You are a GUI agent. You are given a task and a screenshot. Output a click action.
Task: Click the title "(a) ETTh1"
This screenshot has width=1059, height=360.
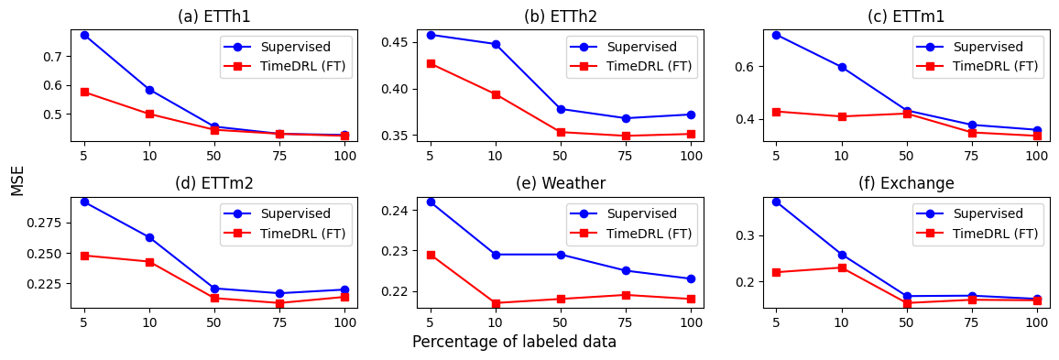[x=213, y=16]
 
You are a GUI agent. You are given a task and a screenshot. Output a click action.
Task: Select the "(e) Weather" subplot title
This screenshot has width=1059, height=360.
[x=560, y=183]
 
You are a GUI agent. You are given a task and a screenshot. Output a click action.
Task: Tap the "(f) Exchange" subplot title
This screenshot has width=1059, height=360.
[x=906, y=183]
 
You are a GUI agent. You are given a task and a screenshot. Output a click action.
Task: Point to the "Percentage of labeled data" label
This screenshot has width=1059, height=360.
[x=514, y=342]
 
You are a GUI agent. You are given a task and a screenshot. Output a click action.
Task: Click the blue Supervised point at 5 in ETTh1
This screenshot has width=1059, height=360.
[x=84, y=35]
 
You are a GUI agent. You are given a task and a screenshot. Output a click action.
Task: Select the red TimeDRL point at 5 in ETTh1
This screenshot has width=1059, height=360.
[x=84, y=92]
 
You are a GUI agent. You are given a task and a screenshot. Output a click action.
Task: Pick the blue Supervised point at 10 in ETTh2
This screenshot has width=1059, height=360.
[x=496, y=44]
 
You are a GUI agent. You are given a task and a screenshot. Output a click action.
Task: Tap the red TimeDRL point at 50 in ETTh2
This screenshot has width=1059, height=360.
[x=561, y=132]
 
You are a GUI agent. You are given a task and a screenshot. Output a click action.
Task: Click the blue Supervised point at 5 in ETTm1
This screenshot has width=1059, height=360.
[x=777, y=35]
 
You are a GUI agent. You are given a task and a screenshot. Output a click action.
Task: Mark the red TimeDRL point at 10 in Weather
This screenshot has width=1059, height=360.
[x=496, y=303]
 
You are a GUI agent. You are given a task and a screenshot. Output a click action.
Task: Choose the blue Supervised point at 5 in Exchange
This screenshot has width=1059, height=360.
[x=777, y=202]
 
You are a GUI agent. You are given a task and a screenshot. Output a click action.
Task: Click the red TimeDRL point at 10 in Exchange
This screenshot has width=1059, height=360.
[x=842, y=267]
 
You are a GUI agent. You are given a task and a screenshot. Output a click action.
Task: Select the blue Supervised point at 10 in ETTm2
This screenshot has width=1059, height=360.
[x=149, y=237]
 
